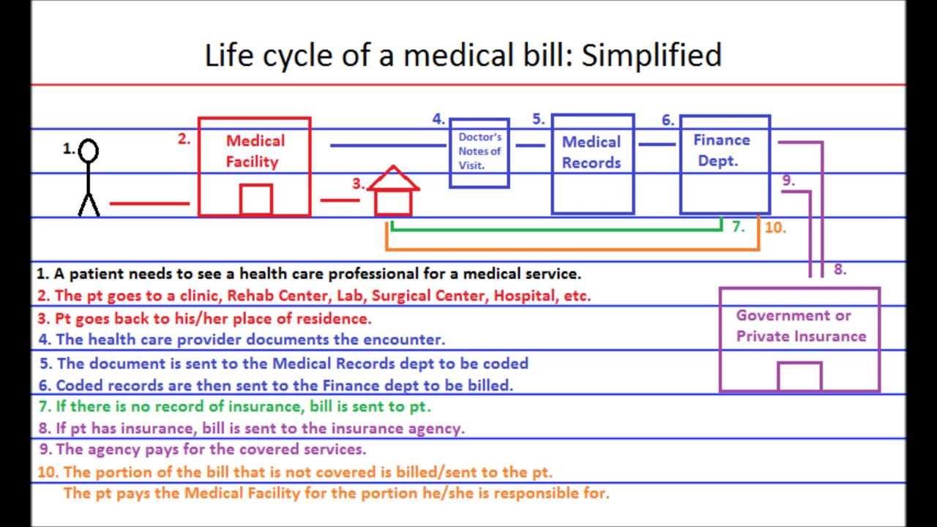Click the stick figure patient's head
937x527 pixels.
click(x=89, y=152)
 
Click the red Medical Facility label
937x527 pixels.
click(x=255, y=151)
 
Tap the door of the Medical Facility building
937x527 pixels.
click(x=255, y=200)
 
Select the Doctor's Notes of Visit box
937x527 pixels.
click(x=479, y=152)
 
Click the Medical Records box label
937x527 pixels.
click(x=591, y=152)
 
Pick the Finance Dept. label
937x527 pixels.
click(x=721, y=150)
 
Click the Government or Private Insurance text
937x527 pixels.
click(x=801, y=326)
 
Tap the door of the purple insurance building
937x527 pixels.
click(x=799, y=376)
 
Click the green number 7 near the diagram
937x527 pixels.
click(x=738, y=227)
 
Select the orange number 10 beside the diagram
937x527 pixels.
click(x=774, y=228)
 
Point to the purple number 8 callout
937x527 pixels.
click(x=840, y=269)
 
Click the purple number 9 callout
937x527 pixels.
click(x=788, y=180)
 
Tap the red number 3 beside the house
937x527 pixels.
click(x=358, y=184)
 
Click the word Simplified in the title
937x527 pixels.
click(x=652, y=56)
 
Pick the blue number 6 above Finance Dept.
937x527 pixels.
click(x=667, y=120)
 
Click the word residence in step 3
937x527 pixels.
click(x=333, y=318)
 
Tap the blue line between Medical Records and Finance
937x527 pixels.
click(x=657, y=144)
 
